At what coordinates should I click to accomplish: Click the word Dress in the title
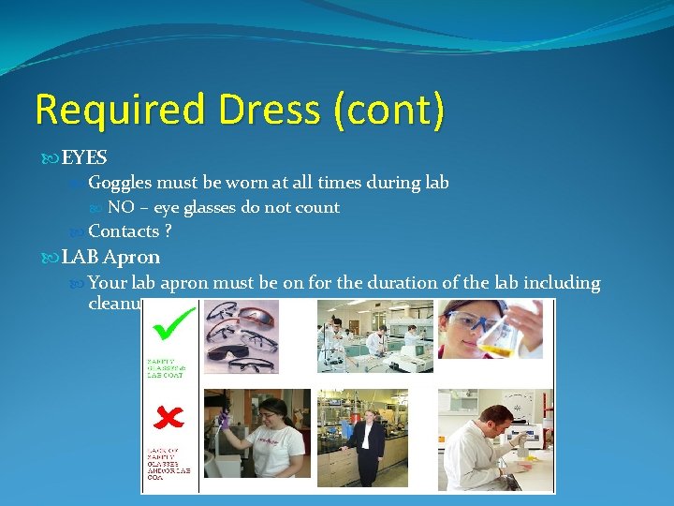263,111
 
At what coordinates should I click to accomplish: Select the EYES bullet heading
84,158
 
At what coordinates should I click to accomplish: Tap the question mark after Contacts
168,231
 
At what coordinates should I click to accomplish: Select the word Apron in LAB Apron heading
131,257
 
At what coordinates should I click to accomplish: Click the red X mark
169,416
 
